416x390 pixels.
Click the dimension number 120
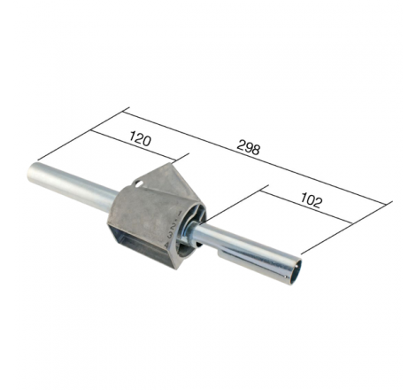140,140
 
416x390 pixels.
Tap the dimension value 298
249,148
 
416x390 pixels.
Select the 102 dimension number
311,201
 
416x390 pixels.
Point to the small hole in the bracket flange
138,184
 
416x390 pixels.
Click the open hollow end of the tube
297,272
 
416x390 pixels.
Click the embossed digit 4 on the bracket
167,245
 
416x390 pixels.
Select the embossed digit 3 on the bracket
170,236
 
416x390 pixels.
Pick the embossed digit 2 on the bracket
173,227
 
